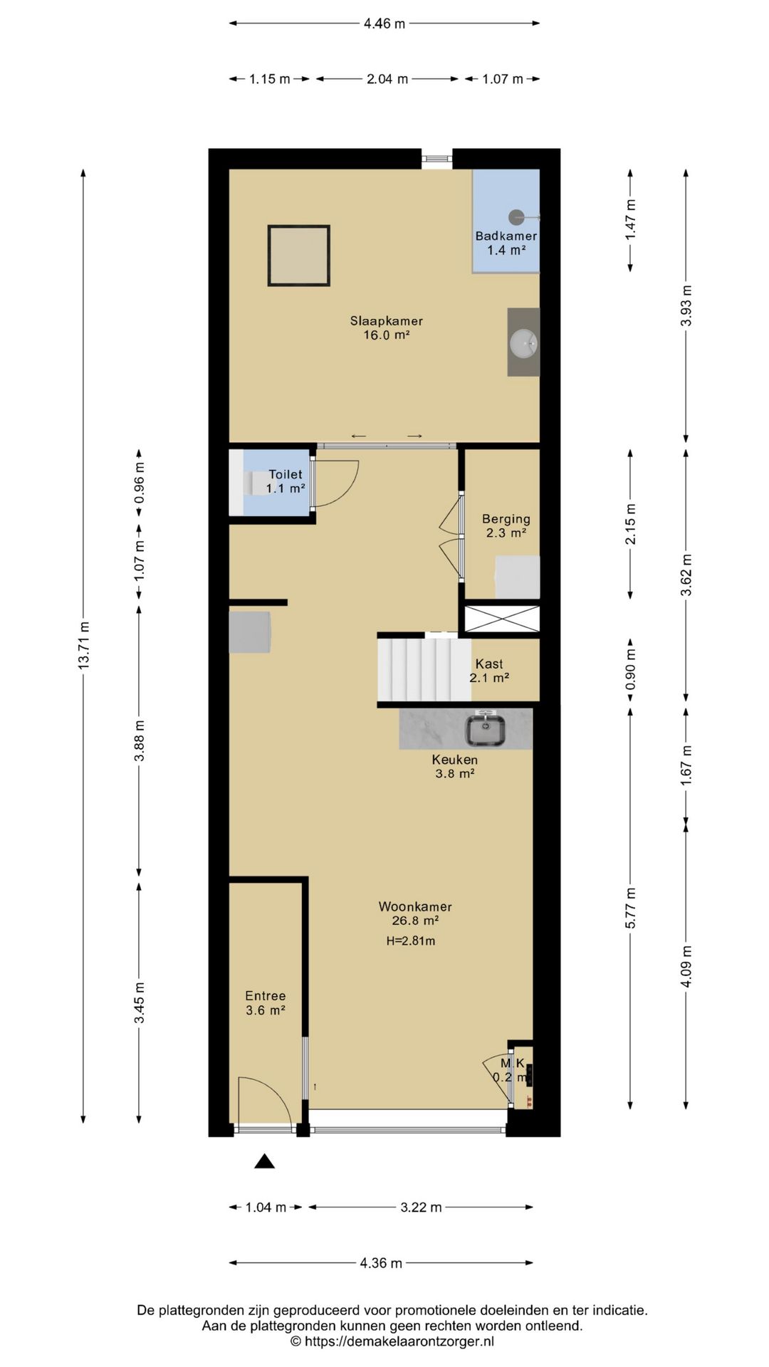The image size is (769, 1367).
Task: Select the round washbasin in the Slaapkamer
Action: click(524, 343)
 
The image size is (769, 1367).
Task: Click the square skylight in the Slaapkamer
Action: click(299, 256)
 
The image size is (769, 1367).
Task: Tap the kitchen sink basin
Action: click(486, 729)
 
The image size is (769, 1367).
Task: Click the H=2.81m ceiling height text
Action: click(411, 941)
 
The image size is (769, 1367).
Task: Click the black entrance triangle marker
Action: click(265, 1161)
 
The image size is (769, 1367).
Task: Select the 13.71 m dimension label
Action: click(83, 645)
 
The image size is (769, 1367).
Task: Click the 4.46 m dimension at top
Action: click(384, 23)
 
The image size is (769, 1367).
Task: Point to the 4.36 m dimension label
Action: click(381, 1263)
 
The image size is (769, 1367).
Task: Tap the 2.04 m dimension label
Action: click(387, 79)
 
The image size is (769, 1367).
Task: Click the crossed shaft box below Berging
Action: click(502, 619)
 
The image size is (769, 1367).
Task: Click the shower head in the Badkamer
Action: click(516, 216)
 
